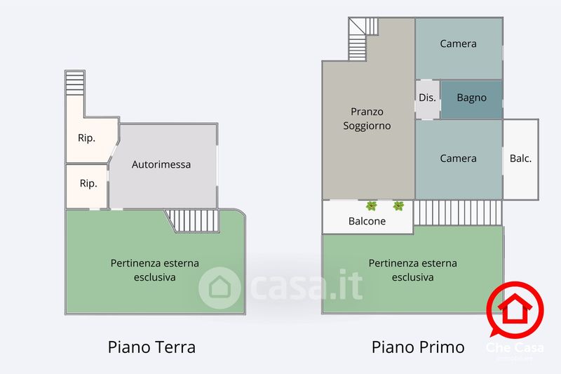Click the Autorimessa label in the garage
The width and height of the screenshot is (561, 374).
pyautogui.click(x=161, y=165)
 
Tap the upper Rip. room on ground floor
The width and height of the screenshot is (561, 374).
pyautogui.click(x=86, y=138)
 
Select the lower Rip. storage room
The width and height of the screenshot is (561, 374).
pyautogui.click(x=88, y=184)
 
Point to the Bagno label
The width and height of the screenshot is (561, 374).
pyautogui.click(x=471, y=98)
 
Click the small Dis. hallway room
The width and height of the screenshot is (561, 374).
pyautogui.click(x=427, y=98)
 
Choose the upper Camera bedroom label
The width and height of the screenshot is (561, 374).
pyautogui.click(x=458, y=44)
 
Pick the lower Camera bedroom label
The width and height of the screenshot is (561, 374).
pyautogui.click(x=458, y=159)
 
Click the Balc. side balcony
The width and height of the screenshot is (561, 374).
pyautogui.click(x=520, y=159)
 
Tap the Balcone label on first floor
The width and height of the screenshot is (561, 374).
pyautogui.click(x=367, y=222)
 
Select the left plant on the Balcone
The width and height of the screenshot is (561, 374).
pyautogui.click(x=371, y=206)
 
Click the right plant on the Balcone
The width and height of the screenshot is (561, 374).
pyautogui.click(x=398, y=206)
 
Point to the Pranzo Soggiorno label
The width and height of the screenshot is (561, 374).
pyautogui.click(x=367, y=119)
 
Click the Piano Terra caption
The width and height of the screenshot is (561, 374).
pyautogui.click(x=151, y=347)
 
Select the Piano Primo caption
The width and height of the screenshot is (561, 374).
pyautogui.click(x=418, y=347)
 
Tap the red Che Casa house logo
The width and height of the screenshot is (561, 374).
pyautogui.click(x=515, y=309)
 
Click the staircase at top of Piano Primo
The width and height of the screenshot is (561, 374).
pyautogui.click(x=363, y=38)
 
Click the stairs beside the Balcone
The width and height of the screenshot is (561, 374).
pyautogui.click(x=458, y=213)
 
